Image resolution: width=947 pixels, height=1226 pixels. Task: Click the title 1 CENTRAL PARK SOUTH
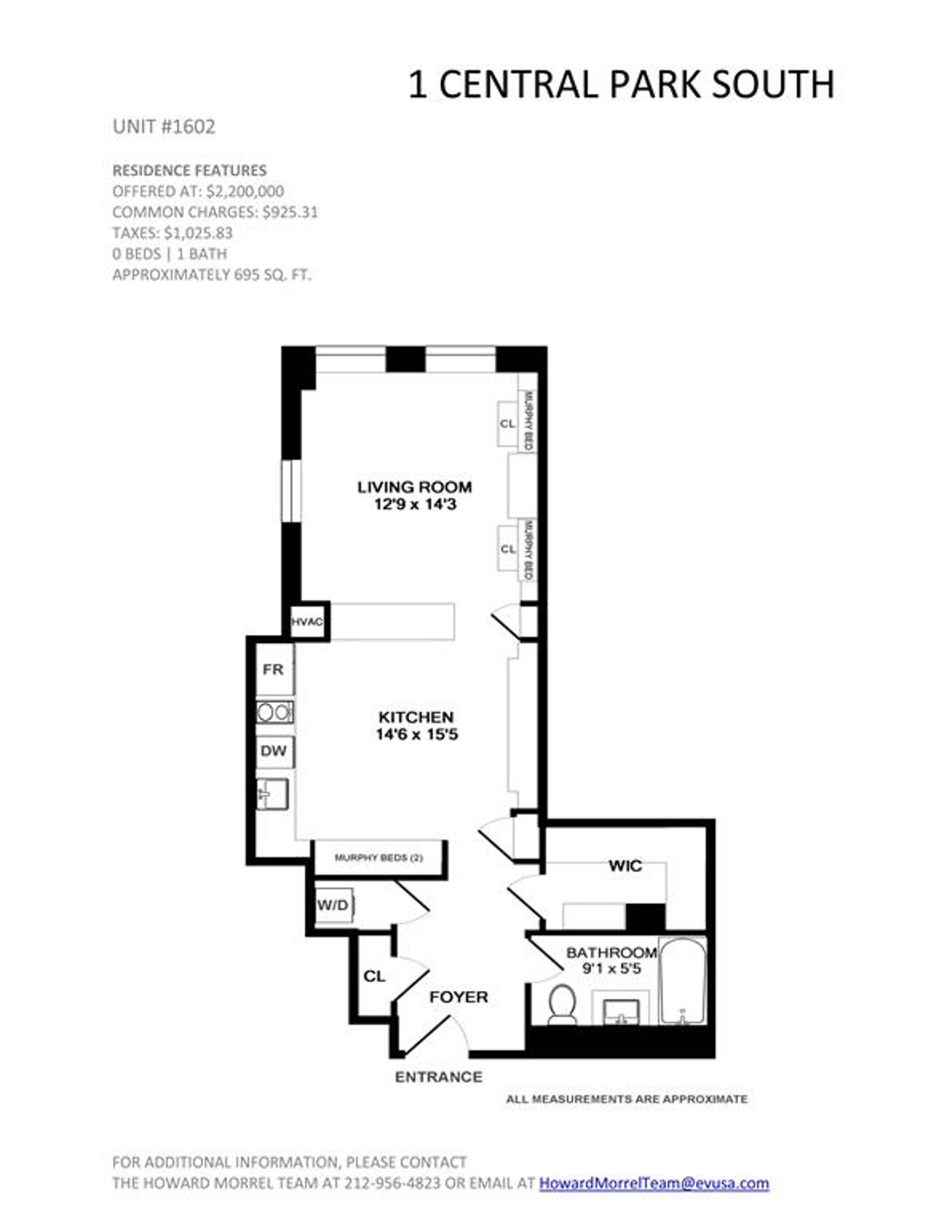pos(620,85)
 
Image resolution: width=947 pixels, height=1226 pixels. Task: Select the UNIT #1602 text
pos(163,127)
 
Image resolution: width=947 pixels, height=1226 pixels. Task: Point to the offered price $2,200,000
pos(245,191)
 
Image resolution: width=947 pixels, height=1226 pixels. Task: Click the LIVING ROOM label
pos(414,487)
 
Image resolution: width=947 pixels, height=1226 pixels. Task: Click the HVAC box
pos(307,622)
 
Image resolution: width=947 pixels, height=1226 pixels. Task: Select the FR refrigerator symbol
pos(273,670)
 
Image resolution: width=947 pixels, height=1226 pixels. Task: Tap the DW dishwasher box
pos(274,751)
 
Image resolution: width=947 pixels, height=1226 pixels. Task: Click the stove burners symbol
pos(275,712)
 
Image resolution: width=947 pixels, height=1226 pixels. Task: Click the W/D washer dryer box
pos(333,905)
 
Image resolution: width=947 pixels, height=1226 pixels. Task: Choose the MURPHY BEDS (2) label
pos(379,858)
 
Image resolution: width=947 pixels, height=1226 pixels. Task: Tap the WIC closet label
pos(625,866)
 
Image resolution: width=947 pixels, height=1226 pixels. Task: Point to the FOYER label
pos(459,997)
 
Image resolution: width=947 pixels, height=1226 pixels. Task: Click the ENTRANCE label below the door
pos(438,1077)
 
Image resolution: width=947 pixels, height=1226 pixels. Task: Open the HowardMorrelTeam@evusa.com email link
pos(653,1183)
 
